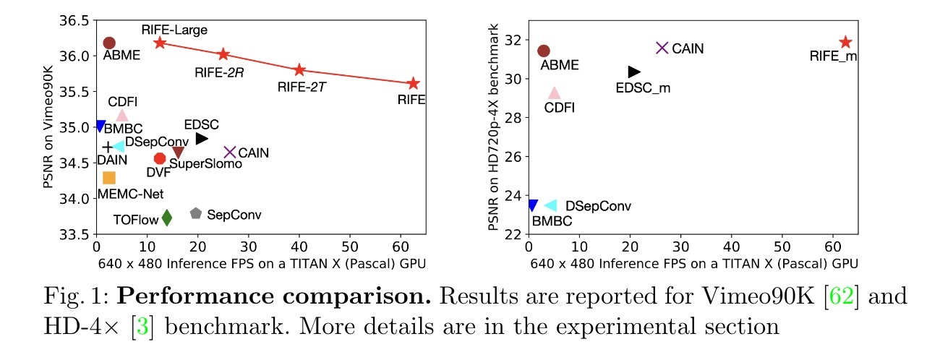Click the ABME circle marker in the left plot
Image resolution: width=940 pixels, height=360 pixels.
coord(109,43)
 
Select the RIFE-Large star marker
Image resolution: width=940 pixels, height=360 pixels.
coord(160,43)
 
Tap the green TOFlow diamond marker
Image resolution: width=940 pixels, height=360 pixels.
coord(167,218)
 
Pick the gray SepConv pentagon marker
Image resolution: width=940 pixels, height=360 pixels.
coord(195,213)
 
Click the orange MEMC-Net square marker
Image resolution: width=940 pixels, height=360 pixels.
coord(109,177)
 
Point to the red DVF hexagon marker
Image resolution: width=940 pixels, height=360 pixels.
coord(160,158)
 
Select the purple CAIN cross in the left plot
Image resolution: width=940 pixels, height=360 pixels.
coord(230,152)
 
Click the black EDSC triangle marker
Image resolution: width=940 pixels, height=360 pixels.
coord(202,138)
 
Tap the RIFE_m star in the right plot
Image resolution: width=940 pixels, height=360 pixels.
coord(845,43)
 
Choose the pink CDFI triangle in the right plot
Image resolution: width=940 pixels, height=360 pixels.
coord(554,93)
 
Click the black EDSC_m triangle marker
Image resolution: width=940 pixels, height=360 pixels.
coord(634,72)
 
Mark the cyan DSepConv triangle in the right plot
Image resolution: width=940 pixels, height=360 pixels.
coord(550,206)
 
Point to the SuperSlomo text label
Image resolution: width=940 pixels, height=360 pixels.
coord(195,165)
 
